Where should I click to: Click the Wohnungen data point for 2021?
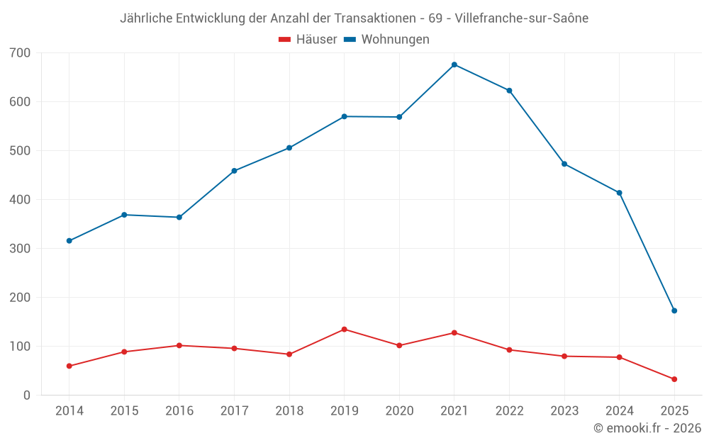click(x=454, y=65)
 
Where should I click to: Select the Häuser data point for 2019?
click(x=345, y=330)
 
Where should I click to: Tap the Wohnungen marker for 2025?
click(x=674, y=310)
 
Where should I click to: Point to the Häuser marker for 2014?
click(x=69, y=366)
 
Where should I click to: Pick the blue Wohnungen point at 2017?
click(x=234, y=171)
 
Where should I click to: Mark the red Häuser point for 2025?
click(x=674, y=379)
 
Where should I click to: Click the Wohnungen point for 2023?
click(x=564, y=164)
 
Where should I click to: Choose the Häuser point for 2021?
click(x=454, y=333)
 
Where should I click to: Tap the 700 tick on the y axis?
click(x=21, y=53)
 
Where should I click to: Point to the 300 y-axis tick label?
click(x=21, y=249)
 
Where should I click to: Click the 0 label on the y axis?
click(x=27, y=396)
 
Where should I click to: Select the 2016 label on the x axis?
click(x=179, y=411)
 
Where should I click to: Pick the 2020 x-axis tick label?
click(x=399, y=411)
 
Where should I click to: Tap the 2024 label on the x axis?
click(x=620, y=411)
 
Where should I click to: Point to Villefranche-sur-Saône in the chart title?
click(x=522, y=18)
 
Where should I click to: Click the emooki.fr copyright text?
click(x=647, y=428)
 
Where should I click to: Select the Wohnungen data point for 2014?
click(x=69, y=241)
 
